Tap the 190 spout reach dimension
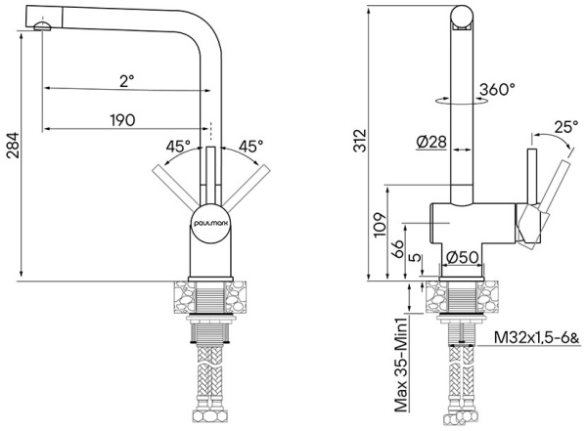coord(121,120)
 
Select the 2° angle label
coord(127,81)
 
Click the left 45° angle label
coord(178,147)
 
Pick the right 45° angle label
coord(250,147)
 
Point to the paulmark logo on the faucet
coord(210,220)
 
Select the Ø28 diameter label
coord(430,143)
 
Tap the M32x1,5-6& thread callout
coord(536,339)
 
